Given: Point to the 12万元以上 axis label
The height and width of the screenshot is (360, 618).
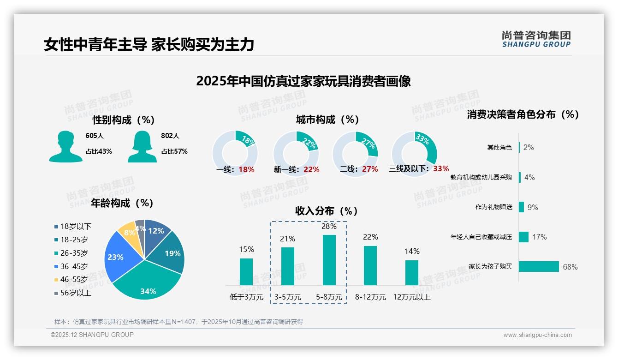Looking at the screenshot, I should [411, 297].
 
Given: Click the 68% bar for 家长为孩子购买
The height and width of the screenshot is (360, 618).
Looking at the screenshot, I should [539, 266].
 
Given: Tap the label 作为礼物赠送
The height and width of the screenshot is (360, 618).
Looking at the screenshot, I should [494, 207].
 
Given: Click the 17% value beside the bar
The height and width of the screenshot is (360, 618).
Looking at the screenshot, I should [539, 237].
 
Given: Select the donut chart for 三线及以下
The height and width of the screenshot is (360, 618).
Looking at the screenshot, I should [414, 148].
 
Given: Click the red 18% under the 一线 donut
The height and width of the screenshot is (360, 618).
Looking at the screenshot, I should [246, 169].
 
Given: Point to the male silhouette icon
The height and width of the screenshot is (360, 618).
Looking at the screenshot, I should [65, 147].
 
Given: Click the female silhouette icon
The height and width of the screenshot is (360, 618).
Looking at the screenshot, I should [142, 147].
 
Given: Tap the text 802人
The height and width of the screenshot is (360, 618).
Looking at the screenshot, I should [170, 136].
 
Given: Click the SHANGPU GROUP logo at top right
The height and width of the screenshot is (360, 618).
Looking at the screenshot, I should [536, 39].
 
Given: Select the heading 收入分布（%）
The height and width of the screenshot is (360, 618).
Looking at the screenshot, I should [327, 211].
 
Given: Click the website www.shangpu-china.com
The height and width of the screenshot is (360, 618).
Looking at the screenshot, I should [537, 335].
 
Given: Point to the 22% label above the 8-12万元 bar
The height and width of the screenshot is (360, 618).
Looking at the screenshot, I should [370, 237].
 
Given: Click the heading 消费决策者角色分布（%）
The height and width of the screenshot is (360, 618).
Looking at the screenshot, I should [523, 114].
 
